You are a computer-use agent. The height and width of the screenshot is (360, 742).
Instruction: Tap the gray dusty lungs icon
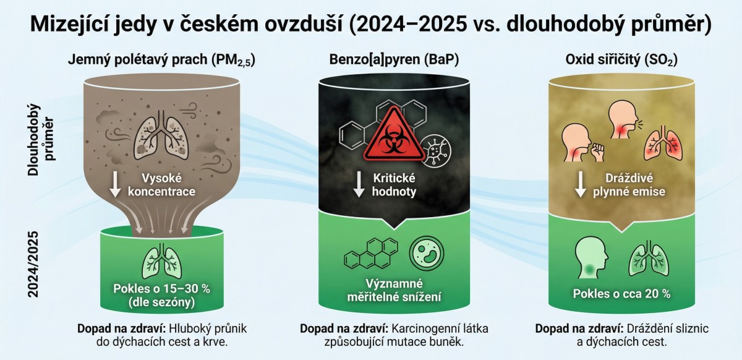(x=161, y=135)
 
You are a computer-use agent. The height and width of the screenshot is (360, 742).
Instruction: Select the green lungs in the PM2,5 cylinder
(x=162, y=261)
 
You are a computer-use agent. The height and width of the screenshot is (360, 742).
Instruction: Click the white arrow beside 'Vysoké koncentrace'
(x=115, y=184)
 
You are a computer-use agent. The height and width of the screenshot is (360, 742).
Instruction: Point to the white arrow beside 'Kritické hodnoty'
(x=359, y=184)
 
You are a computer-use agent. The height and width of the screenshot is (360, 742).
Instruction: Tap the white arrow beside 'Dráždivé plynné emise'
(x=581, y=184)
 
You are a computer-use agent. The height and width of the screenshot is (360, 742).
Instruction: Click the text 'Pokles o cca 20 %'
(x=622, y=294)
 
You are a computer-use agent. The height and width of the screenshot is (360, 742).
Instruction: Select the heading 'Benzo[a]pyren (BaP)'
(x=394, y=59)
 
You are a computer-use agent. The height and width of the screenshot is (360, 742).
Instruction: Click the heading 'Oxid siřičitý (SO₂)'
(x=621, y=59)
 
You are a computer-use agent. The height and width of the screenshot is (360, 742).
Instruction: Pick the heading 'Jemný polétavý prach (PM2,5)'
(x=161, y=61)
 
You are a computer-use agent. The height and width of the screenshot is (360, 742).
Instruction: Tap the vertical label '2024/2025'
(x=33, y=264)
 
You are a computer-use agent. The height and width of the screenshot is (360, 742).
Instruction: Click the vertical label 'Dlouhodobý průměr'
(x=41, y=140)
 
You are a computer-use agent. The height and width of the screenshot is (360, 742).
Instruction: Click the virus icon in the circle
(x=437, y=150)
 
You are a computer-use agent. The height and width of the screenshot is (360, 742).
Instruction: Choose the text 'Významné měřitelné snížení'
(x=394, y=290)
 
